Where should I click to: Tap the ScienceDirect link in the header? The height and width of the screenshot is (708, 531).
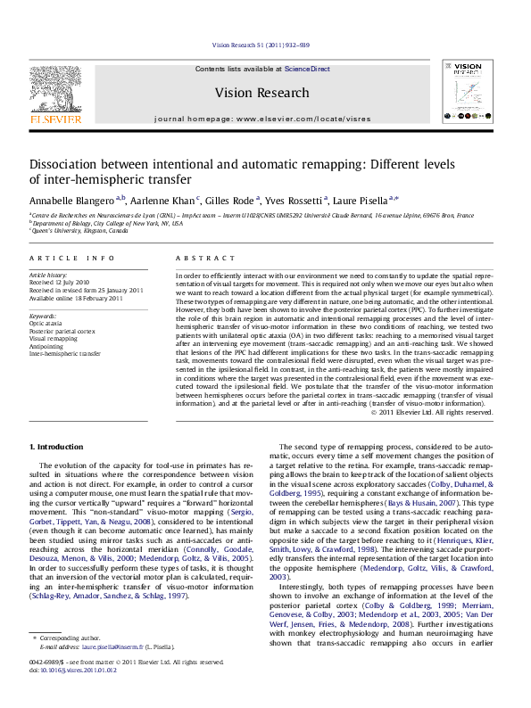(307, 69)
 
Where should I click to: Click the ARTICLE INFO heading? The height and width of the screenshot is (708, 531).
(72, 258)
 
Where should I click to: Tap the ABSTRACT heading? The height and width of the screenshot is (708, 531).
(203, 258)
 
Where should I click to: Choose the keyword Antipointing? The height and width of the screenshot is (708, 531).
(46, 346)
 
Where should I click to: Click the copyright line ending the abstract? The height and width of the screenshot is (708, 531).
(444, 412)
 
